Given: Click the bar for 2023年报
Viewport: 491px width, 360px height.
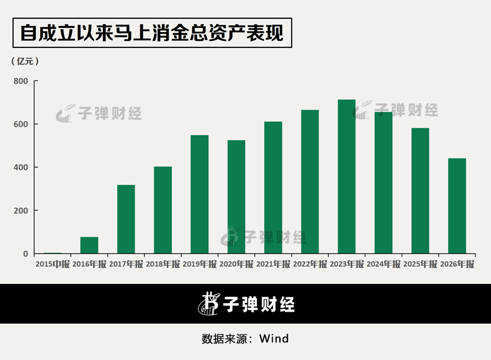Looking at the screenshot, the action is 347,176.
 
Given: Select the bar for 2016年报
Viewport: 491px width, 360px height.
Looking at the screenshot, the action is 89,245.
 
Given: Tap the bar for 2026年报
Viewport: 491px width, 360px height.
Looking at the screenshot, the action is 457,206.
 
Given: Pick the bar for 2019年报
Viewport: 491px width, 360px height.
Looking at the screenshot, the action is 199,194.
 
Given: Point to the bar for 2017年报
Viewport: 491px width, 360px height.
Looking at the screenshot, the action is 126,219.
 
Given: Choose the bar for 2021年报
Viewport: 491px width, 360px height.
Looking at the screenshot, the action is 273,187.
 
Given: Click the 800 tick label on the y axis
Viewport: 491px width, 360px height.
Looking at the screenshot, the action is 21,81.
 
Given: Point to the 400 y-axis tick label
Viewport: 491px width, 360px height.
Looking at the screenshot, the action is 21,168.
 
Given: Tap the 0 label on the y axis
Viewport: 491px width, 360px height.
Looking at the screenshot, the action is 26,254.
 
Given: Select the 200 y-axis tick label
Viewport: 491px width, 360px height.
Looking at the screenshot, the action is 21,211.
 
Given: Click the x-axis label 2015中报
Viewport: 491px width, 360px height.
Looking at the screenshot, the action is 52,264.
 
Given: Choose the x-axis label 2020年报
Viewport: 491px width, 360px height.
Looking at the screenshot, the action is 236,264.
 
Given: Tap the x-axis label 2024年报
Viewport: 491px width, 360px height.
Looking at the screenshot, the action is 384,264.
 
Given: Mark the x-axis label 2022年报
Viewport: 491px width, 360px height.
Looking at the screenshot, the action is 310,264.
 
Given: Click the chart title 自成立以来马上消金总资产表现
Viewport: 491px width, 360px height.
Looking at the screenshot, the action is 152,33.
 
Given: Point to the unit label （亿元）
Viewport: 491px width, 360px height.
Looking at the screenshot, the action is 25,61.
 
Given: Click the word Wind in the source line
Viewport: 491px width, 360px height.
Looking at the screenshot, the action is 274,338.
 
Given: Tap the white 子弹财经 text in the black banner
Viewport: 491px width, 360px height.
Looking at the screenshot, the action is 258,304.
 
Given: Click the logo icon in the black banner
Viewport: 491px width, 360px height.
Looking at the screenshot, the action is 209,304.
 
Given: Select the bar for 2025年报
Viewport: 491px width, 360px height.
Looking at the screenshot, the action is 420,191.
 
